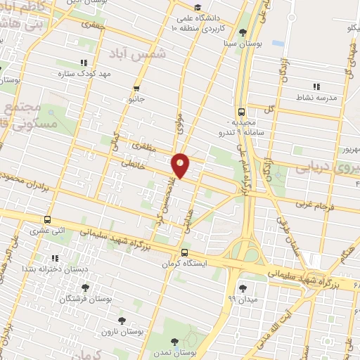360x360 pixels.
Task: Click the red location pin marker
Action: pos(181,165)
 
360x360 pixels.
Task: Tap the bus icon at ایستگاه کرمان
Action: pos(184,252)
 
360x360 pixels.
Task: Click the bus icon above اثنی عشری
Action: pos(47,219)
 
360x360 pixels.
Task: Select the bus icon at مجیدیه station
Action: pos(242,111)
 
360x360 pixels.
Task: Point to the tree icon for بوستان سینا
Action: pos(243,32)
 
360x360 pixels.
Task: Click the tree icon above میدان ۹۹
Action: pos(243,288)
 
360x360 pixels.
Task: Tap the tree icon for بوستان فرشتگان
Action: pos(85,287)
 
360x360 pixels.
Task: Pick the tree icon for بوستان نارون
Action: pos(123,321)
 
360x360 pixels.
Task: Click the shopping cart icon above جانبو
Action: pos(136,89)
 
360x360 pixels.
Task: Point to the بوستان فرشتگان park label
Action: pos(85,299)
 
